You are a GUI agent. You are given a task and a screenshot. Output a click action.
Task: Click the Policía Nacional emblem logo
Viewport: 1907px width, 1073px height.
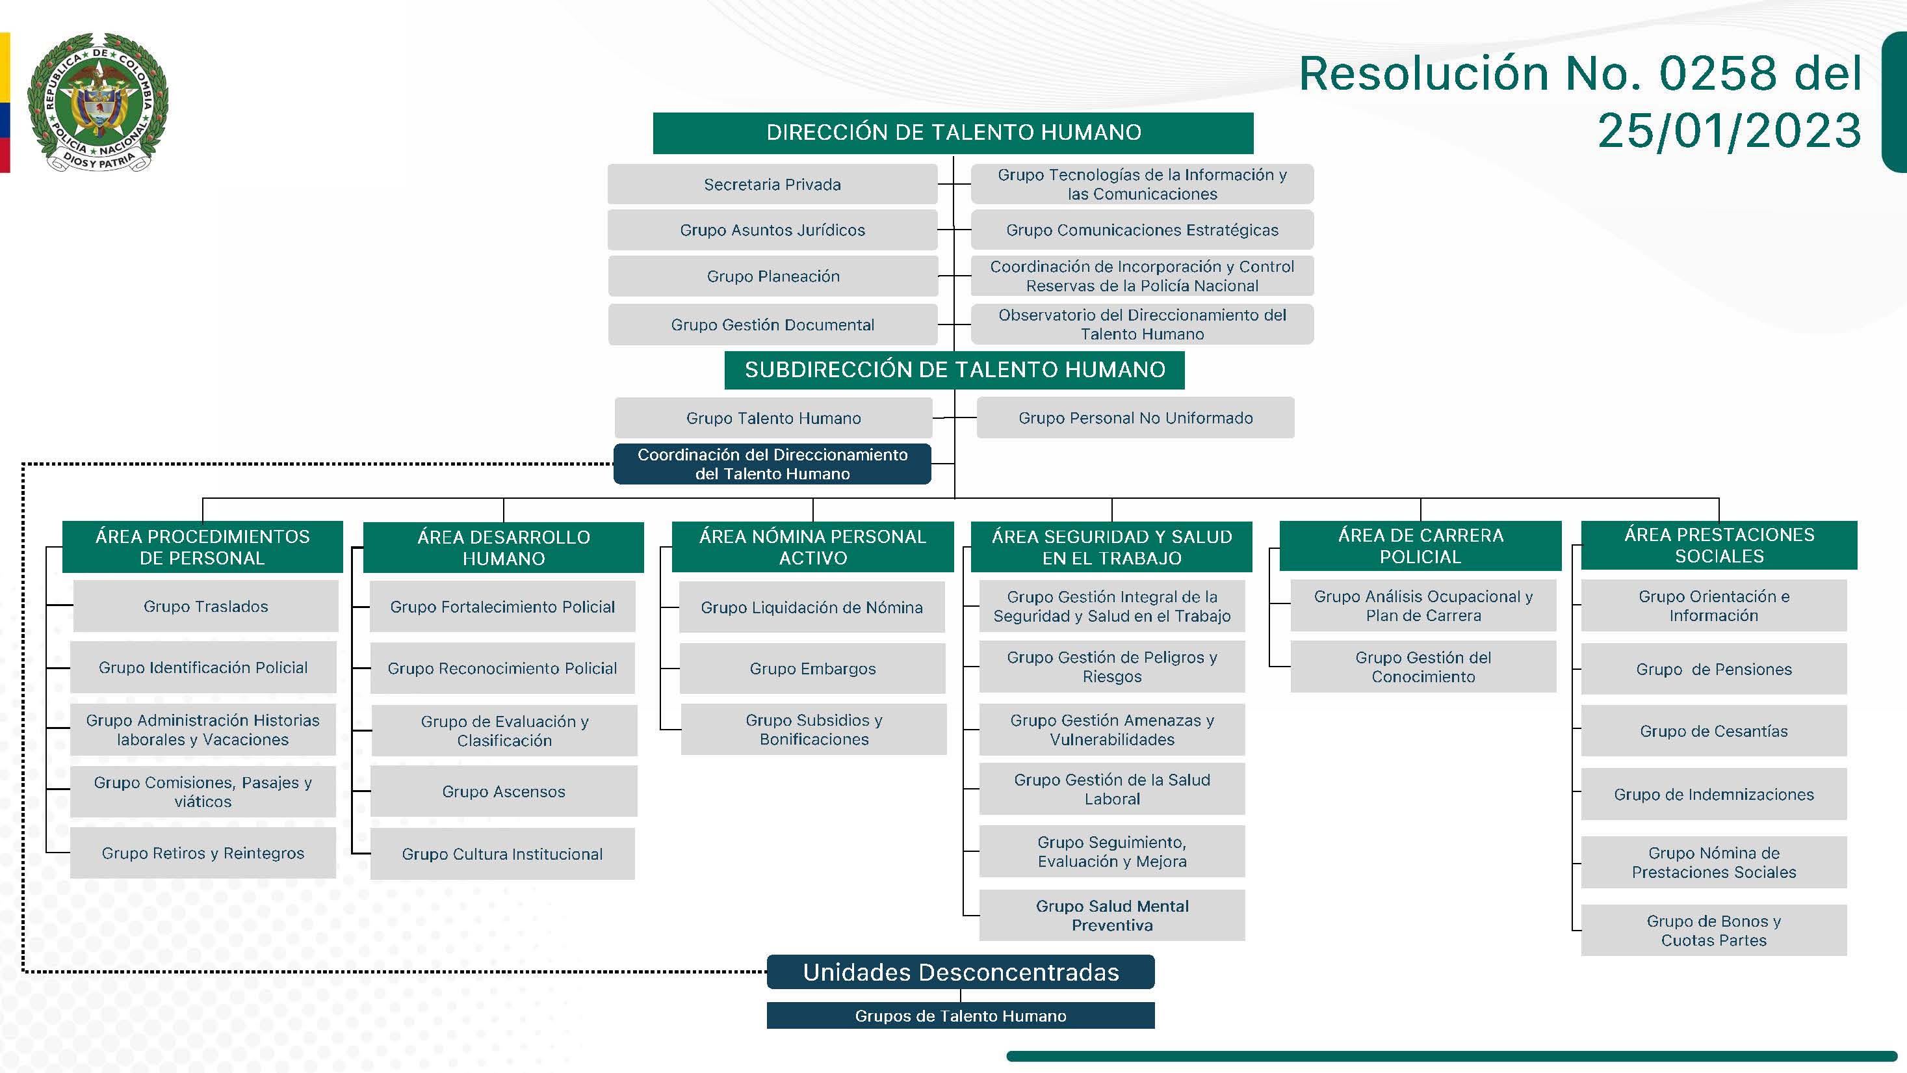pos(97,102)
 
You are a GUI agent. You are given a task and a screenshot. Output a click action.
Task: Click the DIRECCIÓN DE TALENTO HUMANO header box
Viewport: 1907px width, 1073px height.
pos(953,133)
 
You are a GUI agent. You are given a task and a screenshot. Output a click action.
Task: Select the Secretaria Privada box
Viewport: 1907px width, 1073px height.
pos(772,185)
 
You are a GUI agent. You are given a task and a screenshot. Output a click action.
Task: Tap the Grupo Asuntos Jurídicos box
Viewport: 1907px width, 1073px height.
pos(772,230)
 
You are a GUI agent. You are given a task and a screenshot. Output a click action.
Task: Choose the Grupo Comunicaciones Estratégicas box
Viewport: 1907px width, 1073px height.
pos(1141,230)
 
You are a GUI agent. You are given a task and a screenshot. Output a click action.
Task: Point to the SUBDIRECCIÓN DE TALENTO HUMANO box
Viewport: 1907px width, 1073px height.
pos(954,369)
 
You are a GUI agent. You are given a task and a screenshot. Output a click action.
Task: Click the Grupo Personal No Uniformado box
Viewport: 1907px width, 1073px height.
pos(1135,417)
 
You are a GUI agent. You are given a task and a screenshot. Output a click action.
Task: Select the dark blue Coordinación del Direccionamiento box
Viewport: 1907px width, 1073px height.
pos(772,464)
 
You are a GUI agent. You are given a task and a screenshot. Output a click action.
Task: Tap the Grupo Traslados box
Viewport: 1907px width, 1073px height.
pos(206,607)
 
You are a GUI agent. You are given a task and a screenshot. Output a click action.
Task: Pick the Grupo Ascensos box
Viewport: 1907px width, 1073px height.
pos(504,791)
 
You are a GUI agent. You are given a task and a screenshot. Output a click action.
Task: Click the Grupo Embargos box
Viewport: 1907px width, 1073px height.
pos(812,669)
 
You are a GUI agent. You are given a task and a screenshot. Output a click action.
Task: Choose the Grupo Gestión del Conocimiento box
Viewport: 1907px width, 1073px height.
pos(1423,667)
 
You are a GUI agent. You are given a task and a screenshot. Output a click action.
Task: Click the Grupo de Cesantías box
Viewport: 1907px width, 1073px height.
pos(1714,731)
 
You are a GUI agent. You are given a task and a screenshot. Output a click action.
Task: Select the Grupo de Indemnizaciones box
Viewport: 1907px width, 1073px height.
pos(1714,795)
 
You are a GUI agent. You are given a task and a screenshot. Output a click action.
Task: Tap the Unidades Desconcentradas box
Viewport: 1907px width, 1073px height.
pos(960,972)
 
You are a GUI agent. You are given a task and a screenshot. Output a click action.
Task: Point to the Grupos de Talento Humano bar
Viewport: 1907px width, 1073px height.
pos(960,1016)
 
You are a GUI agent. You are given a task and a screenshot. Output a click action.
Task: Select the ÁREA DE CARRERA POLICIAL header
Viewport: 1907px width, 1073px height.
pos(1420,546)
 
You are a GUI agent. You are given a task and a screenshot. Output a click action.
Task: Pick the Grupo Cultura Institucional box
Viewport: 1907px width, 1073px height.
pos(502,854)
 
